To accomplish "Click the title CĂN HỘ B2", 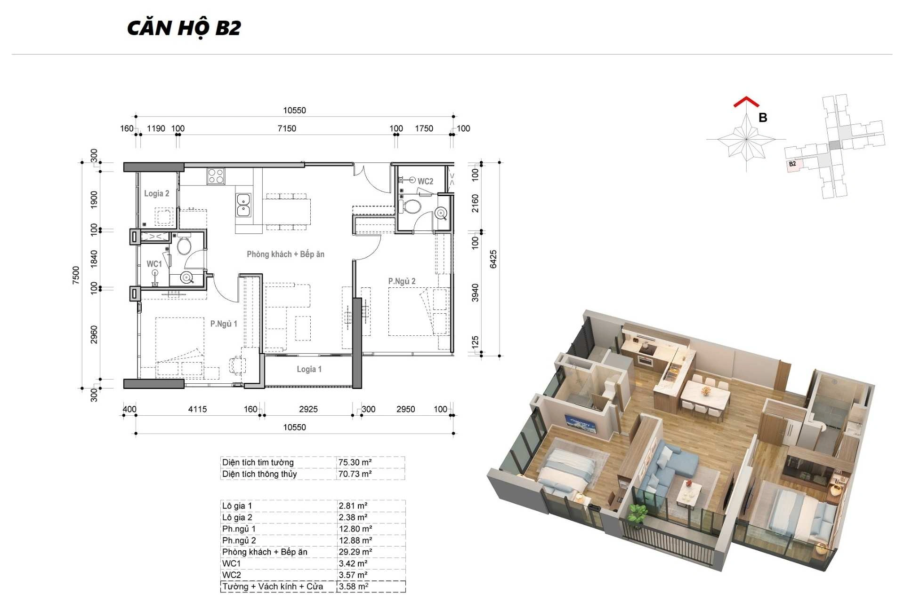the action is (x=184, y=28).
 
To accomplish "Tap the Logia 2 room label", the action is (x=156, y=193).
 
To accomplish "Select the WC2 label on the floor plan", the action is (x=425, y=182).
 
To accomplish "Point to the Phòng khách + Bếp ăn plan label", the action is (x=285, y=254).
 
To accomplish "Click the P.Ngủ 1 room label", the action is (x=224, y=324).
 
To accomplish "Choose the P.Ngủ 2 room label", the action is (x=402, y=281).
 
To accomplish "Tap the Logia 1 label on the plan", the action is (x=309, y=369).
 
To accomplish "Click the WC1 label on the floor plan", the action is (x=154, y=264).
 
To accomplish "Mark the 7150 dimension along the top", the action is (x=287, y=128).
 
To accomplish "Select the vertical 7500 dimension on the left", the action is (x=76, y=275).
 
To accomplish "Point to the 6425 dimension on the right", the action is (x=493, y=259).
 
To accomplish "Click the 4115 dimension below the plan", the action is (x=197, y=409).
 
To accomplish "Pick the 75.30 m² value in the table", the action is (x=355, y=462).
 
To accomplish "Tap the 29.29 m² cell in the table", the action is (x=355, y=552).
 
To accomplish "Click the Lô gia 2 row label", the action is (x=237, y=517).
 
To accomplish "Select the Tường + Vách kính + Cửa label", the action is (x=273, y=586).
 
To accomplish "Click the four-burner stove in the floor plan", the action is (x=216, y=176).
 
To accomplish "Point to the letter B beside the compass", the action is (x=763, y=118).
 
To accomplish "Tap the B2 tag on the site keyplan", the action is (x=792, y=164).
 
